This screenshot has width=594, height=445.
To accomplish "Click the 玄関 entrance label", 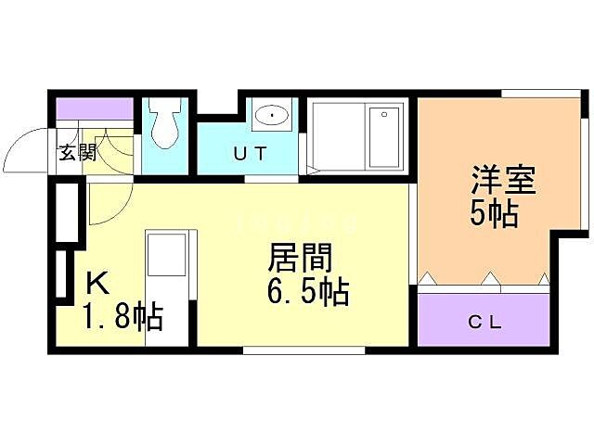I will coord(78,152).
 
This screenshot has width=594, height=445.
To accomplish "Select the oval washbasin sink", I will coord(271,117).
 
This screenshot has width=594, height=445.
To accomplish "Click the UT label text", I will coord(249,154).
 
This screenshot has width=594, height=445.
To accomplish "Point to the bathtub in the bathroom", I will coord(356,136).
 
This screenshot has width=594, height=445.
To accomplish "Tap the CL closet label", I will coord(484,323).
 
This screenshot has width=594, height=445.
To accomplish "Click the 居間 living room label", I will coord(300,257).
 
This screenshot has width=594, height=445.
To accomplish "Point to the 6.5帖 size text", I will coord(306,292).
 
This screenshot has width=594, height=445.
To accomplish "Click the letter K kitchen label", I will coord(97,282).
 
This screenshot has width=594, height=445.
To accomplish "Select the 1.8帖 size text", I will coord(123,318).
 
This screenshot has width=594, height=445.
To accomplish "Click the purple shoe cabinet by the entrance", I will coord(96,108).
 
